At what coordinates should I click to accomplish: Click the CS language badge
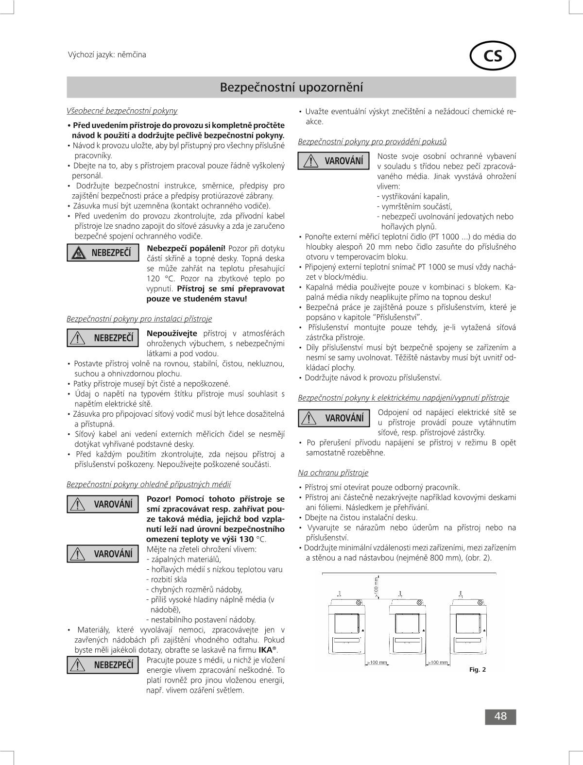[493, 56]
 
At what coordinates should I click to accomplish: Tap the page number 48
[500, 716]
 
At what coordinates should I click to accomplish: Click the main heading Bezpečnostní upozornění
[291, 87]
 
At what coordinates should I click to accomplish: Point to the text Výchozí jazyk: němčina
[107, 54]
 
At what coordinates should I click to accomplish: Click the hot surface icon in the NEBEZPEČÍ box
[78, 253]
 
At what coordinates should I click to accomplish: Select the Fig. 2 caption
[478, 669]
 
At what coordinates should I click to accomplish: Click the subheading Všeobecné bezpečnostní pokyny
[122, 111]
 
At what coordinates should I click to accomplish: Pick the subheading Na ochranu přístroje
[333, 473]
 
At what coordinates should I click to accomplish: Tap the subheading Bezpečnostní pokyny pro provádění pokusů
[372, 141]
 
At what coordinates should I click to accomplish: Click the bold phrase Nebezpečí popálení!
[186, 249]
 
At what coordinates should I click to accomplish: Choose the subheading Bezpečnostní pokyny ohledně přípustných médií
[149, 484]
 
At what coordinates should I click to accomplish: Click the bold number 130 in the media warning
[246, 539]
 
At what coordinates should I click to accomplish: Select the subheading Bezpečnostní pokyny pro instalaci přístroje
[139, 319]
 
